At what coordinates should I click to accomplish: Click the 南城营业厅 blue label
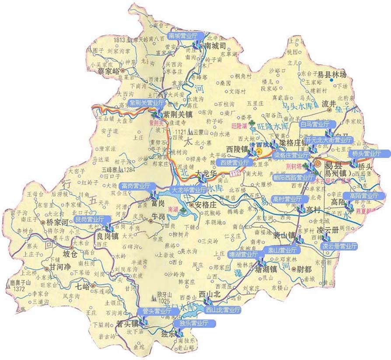[x=183, y=35]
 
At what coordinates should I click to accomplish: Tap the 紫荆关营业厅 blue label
[x=147, y=103]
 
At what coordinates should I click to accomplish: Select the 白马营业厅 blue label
[x=314, y=124]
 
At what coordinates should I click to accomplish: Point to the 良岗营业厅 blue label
[x=90, y=219]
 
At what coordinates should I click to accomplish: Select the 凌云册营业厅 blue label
[x=340, y=246]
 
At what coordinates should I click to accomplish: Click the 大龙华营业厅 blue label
[x=189, y=190]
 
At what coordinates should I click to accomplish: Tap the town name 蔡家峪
[x=108, y=70]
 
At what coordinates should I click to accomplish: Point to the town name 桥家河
[x=58, y=222]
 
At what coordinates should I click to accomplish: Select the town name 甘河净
[x=60, y=267]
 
